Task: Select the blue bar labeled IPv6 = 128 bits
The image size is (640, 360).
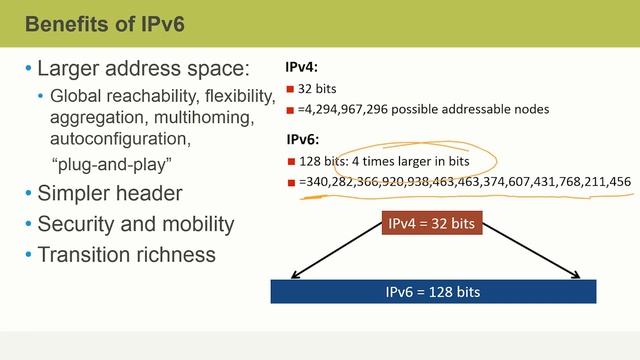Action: coord(434,291)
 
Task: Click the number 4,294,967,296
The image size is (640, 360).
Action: coord(346,109)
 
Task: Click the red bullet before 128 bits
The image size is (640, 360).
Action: coord(290,161)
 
